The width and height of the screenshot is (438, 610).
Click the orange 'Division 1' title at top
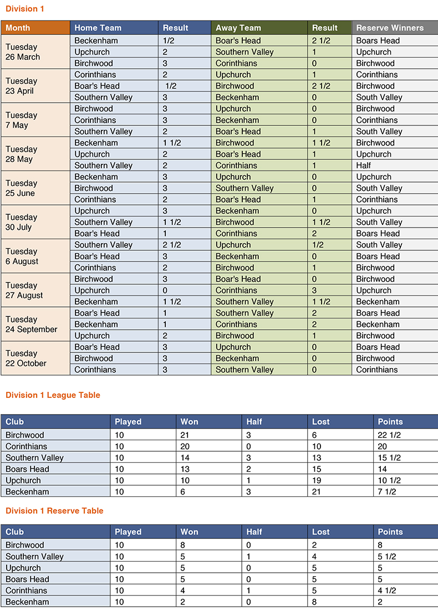tap(24, 9)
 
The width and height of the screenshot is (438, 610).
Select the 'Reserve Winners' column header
tap(389, 28)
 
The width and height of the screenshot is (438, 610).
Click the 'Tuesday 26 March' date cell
tap(23, 52)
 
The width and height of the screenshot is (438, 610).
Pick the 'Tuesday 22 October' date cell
tap(26, 359)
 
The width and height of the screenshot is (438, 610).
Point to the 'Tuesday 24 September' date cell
tap(31, 324)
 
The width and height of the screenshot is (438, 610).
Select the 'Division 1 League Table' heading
tap(53, 395)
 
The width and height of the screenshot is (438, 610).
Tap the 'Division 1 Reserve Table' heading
tap(54, 511)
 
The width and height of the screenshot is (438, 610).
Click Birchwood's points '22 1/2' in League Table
tap(389, 435)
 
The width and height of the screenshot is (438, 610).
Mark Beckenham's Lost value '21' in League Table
tap(317, 492)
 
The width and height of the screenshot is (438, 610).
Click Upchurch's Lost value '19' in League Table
tap(317, 480)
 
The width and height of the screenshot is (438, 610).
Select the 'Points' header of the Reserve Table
tap(390, 532)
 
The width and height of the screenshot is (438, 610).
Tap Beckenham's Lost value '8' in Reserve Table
tap(315, 602)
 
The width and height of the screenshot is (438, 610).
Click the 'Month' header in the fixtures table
tap(18, 28)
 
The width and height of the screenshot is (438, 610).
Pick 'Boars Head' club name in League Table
tap(27, 469)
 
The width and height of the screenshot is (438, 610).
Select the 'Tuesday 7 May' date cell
tap(21, 120)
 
